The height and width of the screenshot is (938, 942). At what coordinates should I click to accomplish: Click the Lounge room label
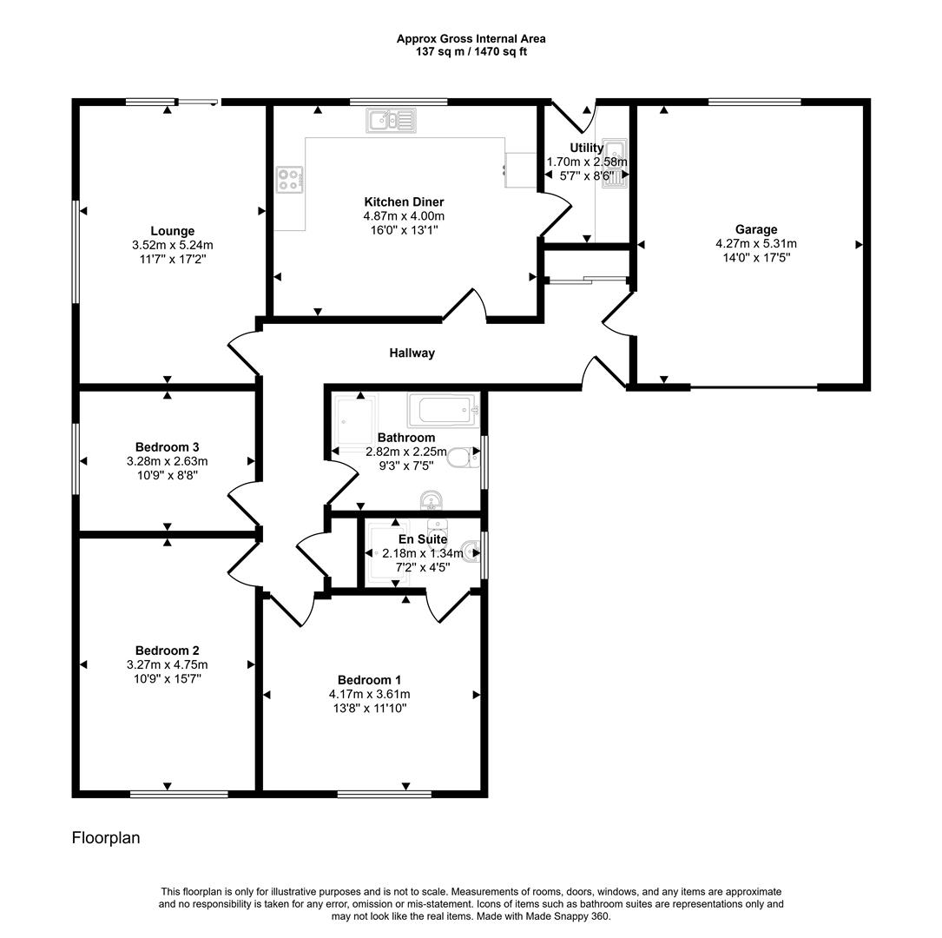point(172,231)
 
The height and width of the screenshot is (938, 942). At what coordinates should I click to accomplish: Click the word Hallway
point(412,353)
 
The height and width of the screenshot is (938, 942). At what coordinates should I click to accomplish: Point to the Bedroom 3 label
point(167,447)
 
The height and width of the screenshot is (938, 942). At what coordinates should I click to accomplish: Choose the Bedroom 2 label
point(167,651)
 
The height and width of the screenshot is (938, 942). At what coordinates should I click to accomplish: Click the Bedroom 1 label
point(369,680)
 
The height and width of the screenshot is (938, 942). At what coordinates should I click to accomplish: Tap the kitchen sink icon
point(392,121)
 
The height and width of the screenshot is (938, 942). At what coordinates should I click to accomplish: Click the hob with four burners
point(289,180)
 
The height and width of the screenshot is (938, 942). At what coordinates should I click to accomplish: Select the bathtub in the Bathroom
point(443,408)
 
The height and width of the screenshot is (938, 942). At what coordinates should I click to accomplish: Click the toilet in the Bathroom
point(464,458)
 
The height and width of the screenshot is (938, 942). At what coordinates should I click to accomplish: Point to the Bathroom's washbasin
point(431,501)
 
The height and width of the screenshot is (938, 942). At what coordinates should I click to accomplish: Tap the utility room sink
point(615,162)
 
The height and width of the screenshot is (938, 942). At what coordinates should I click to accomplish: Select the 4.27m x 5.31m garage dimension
point(755,244)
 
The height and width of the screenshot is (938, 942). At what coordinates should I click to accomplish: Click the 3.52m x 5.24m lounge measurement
point(172,245)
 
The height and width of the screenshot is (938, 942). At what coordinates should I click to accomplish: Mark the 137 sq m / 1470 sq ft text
point(471,51)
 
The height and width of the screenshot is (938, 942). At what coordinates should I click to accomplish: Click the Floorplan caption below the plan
point(105,838)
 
